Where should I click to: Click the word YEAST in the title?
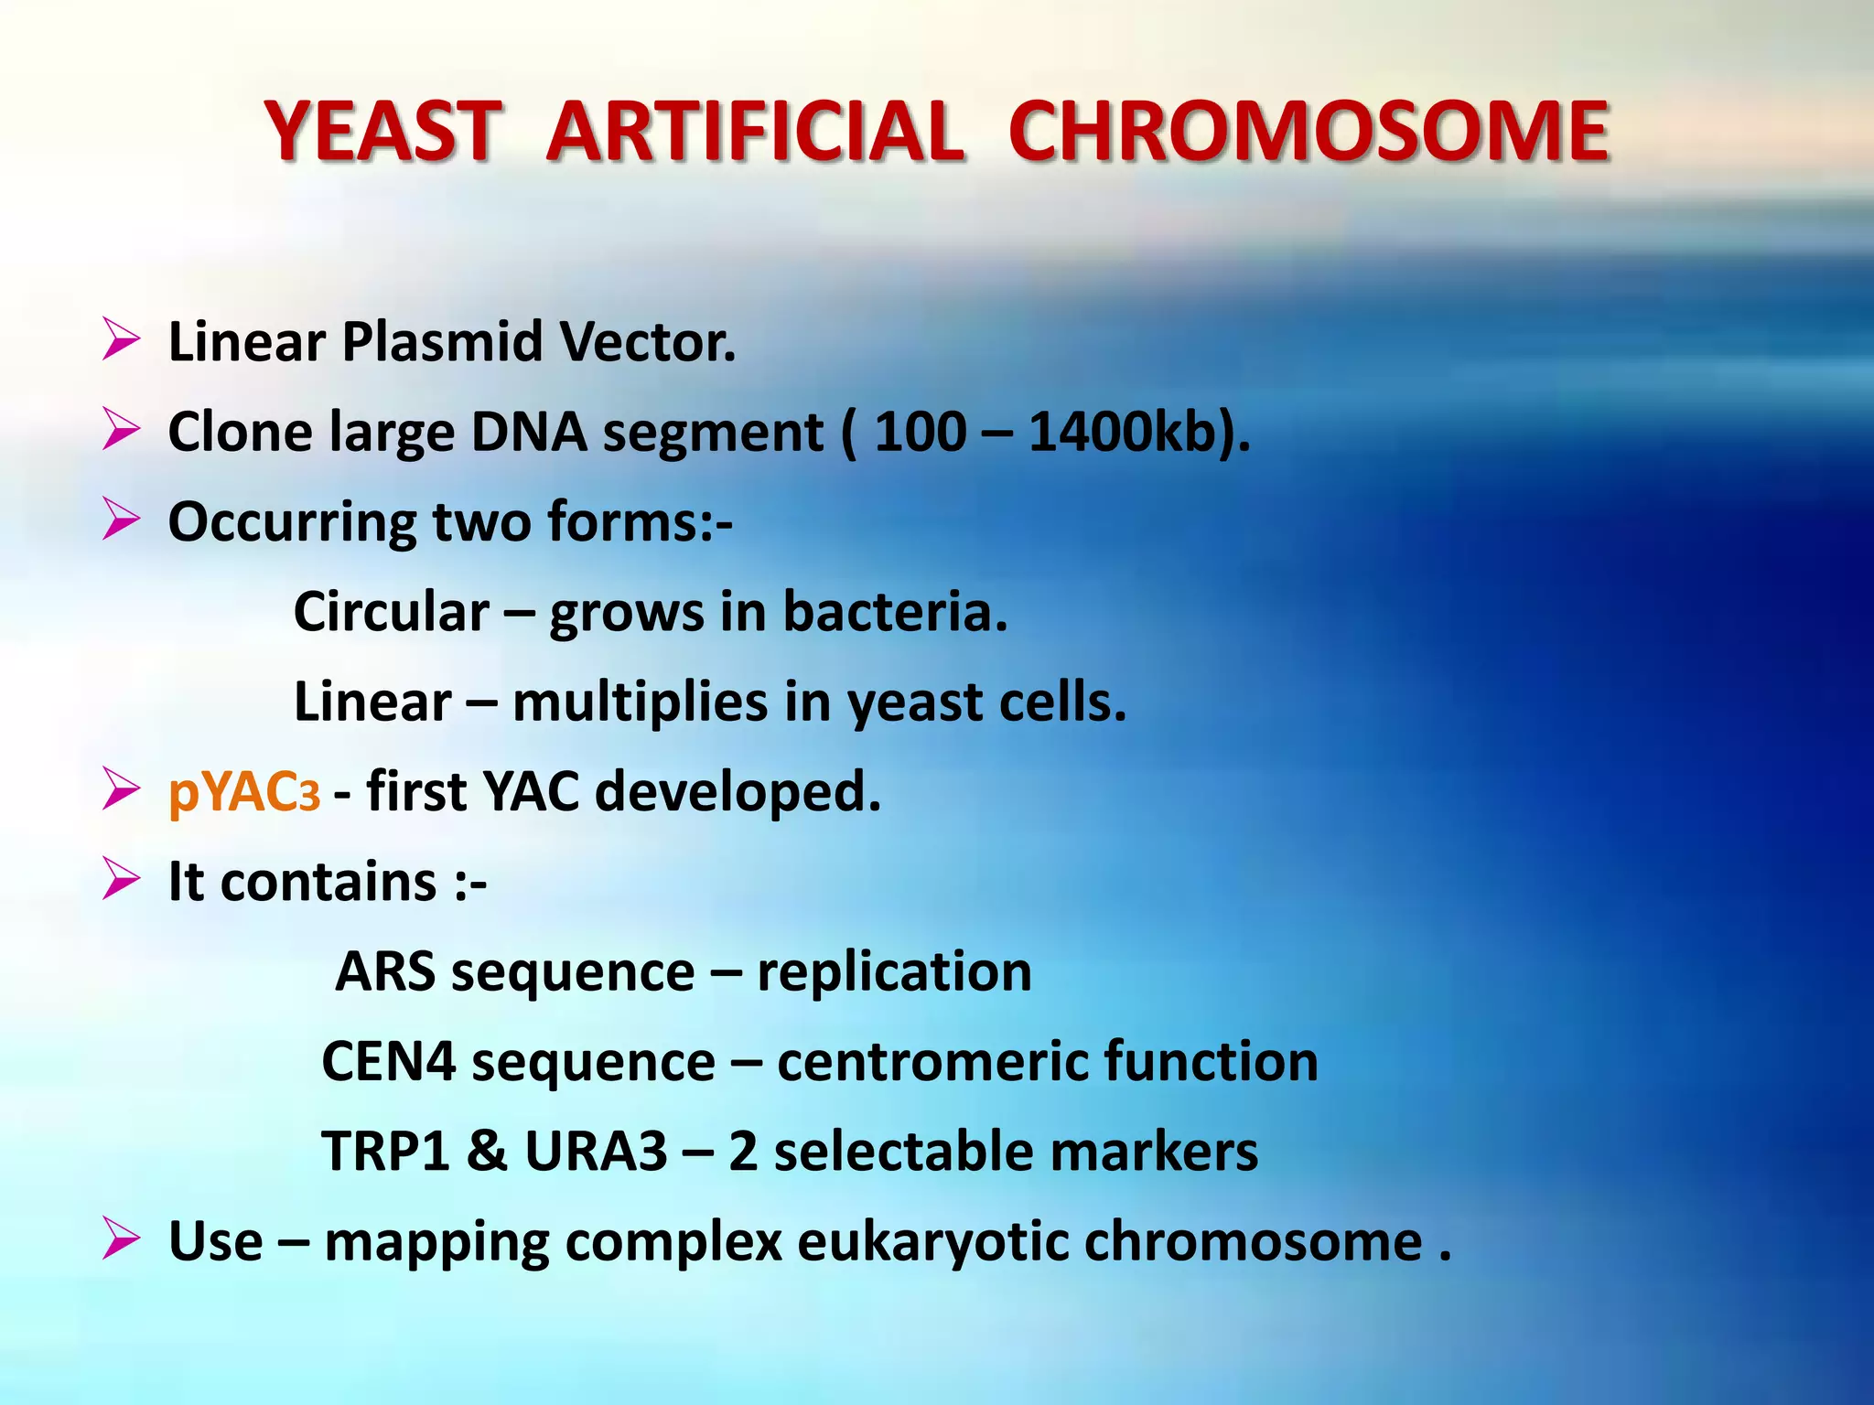point(382,132)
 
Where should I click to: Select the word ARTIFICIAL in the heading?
point(754,132)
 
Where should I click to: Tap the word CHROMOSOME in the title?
point(1309,132)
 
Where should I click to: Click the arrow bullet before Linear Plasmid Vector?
point(121,339)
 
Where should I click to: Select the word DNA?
point(528,432)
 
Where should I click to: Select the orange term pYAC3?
point(244,791)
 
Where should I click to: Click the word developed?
point(738,791)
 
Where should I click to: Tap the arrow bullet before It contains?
point(121,879)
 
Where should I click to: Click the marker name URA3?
point(596,1151)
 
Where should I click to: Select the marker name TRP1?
point(385,1151)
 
